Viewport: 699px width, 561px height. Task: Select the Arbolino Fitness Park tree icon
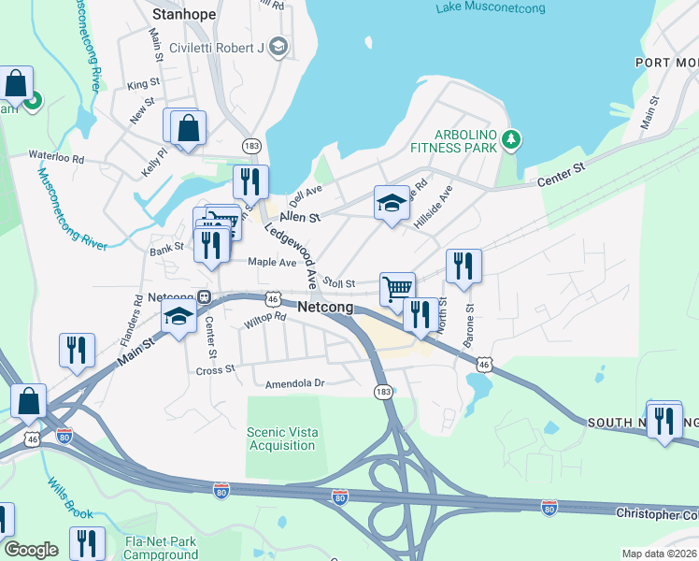coord(510,140)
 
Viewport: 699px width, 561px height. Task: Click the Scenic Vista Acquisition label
coord(281,439)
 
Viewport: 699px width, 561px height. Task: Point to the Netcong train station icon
coord(205,297)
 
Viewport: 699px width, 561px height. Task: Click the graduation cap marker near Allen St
coord(392,202)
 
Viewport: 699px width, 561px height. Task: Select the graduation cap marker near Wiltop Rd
coord(178,316)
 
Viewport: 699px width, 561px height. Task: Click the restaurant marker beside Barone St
coord(464,266)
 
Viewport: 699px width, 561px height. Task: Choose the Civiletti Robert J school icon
coord(278,46)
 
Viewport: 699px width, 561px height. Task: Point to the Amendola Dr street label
coord(294,383)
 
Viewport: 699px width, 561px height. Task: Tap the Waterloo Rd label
coord(56,155)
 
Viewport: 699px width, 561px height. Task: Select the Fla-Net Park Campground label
coord(162,548)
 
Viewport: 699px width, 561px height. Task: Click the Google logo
coord(31,550)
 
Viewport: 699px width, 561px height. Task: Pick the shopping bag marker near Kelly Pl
coord(188,127)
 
